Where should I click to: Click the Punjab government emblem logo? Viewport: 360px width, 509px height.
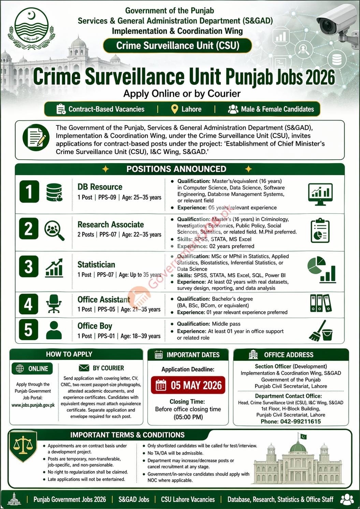tap(31, 29)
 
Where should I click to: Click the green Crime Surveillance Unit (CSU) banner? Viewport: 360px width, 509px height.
tap(177, 45)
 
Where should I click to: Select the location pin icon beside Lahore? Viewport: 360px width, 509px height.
tap(174, 109)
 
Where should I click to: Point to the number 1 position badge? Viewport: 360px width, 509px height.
tap(29, 192)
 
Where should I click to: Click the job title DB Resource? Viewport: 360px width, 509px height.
tap(100, 187)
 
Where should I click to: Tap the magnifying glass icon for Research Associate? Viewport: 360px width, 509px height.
tap(54, 230)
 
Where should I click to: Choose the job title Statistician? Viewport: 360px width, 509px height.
tap(96, 265)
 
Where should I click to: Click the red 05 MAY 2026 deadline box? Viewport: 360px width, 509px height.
tap(188, 385)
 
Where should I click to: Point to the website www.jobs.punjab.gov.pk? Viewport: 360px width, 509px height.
tap(33, 405)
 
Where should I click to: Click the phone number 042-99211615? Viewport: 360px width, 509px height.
tap(291, 421)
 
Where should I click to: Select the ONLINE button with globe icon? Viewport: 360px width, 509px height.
tap(32, 369)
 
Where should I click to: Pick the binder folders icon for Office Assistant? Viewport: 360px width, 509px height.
tap(320, 303)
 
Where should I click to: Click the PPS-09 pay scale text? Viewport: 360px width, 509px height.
tap(107, 197)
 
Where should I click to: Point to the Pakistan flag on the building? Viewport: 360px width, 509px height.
tap(303, 437)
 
